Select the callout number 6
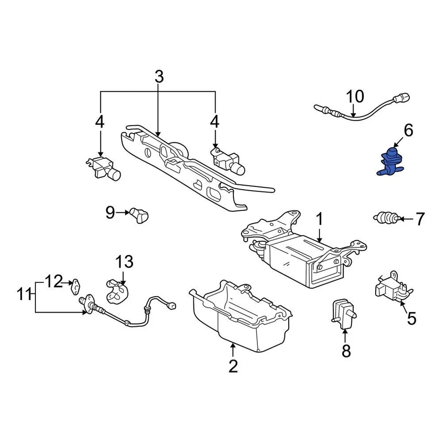[x=408, y=131]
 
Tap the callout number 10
[x=355, y=97]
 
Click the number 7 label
[x=420, y=219]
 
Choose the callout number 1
[x=320, y=220]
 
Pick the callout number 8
[x=346, y=351]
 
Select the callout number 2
[x=233, y=366]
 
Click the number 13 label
[x=124, y=262]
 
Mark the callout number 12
[x=53, y=281]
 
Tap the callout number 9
[x=110, y=212]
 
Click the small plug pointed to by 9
[x=139, y=214]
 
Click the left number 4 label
[x=100, y=122]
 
